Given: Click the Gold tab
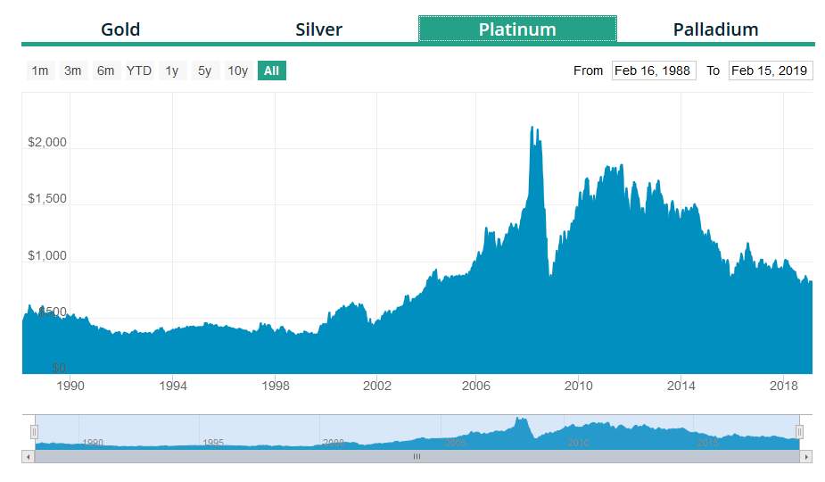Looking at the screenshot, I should click(120, 29).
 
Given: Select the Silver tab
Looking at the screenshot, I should click(318, 29).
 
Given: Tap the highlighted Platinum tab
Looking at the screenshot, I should click(517, 29).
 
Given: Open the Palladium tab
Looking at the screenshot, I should click(715, 29).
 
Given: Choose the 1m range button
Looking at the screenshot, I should click(40, 71).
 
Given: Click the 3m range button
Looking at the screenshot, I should click(73, 71).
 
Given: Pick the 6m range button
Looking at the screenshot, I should click(105, 71).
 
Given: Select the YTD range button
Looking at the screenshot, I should click(139, 71).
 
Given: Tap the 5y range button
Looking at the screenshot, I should click(205, 71).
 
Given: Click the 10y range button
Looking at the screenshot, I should click(237, 71).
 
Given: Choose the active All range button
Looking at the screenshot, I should click(271, 71).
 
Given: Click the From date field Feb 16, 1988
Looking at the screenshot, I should click(654, 71).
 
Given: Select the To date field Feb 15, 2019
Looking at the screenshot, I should click(770, 71).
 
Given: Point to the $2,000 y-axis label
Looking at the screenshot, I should click(47, 143).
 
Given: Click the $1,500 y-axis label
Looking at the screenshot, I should click(47, 199).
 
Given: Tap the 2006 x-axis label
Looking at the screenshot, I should click(476, 386).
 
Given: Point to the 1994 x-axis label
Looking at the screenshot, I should click(173, 386).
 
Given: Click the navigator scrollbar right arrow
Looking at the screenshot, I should click(806, 456).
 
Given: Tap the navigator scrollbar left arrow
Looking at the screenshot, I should click(28, 456).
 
